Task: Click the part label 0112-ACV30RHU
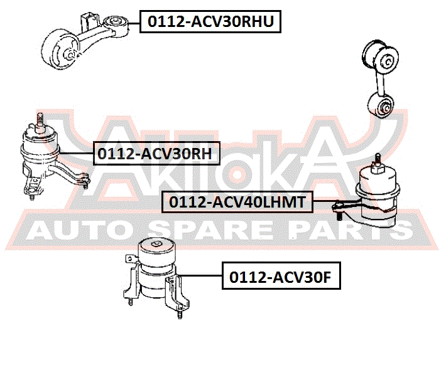[x=210, y=21]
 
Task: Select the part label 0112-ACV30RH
[x=156, y=154]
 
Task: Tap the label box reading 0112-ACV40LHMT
[x=237, y=202]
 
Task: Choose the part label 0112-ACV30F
[x=281, y=276]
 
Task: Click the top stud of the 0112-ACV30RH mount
[x=40, y=120]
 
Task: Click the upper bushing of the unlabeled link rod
[x=380, y=57]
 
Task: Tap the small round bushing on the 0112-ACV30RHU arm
[x=116, y=25]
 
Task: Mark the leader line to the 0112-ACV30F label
[x=200, y=275]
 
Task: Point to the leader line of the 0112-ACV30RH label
[x=76, y=154]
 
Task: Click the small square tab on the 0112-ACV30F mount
[x=130, y=258]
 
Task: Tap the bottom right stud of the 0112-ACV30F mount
[x=180, y=314]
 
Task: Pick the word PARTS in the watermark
[x=349, y=231]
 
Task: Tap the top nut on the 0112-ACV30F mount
[x=156, y=245]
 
